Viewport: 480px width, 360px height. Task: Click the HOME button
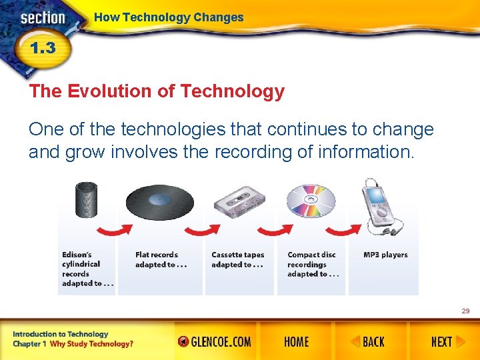click(x=296, y=342)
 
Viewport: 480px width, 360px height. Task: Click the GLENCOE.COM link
click(x=215, y=342)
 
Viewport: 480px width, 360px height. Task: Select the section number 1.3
click(x=41, y=49)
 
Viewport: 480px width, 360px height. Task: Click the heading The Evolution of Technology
click(x=157, y=91)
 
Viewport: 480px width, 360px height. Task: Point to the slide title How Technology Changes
click(x=169, y=17)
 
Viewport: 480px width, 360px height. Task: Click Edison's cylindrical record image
click(x=86, y=200)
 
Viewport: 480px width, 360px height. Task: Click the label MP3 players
click(x=385, y=255)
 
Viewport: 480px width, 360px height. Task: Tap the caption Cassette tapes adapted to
click(x=238, y=259)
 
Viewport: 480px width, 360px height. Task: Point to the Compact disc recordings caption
click(x=313, y=264)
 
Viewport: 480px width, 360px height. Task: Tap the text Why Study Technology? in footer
click(x=91, y=344)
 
